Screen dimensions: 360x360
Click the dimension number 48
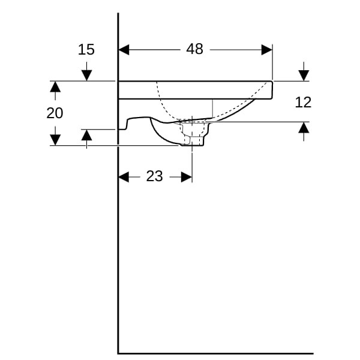(194, 49)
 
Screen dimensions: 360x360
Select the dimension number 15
(86, 50)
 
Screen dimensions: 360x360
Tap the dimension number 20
(55, 113)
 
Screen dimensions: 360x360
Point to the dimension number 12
(303, 103)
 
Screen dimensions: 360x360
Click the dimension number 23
(155, 176)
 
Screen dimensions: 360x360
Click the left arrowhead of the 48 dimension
(124, 50)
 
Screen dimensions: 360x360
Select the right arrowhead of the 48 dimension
(267, 50)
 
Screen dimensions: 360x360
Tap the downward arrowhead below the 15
(86, 76)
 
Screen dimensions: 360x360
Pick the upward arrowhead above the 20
(55, 87)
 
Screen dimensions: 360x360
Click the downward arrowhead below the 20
(55, 140)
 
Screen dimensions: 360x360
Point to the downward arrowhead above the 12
(304, 76)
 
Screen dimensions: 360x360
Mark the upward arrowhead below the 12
(304, 128)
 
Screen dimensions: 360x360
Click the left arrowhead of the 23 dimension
(124, 177)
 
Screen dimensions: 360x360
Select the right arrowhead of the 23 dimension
(187, 177)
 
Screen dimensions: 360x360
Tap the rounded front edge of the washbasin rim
(272, 90)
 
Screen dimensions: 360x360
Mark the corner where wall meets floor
(118, 353)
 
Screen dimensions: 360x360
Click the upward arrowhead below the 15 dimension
(86, 135)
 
